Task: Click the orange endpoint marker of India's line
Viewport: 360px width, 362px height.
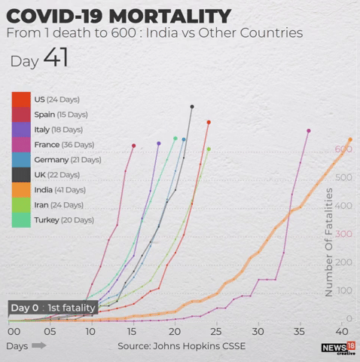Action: point(350,140)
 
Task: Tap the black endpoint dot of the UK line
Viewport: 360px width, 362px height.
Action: point(192,107)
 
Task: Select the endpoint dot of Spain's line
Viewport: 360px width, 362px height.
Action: point(134,146)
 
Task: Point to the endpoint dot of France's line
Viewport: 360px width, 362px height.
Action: point(309,130)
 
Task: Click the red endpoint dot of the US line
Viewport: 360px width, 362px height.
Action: point(209,122)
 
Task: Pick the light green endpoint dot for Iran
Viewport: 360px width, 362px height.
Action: point(209,149)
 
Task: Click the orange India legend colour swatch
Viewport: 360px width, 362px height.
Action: point(21,190)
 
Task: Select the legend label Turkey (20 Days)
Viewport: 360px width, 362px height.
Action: point(64,220)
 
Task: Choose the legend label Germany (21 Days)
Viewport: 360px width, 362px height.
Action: point(68,160)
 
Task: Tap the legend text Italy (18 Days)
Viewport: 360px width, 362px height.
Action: point(59,130)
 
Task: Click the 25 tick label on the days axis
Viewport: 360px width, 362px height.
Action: point(216,332)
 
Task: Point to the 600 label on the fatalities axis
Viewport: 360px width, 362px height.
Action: point(343,149)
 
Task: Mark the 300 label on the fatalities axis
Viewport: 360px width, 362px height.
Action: point(343,234)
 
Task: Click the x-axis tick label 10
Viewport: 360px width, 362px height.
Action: point(90,332)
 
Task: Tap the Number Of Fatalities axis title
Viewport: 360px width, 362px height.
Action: point(329,242)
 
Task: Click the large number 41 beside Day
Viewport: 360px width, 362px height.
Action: point(56,57)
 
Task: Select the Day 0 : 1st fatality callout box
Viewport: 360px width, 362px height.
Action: point(53,308)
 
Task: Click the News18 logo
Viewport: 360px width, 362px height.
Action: point(338,348)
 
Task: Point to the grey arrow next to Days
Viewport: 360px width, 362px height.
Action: point(39,345)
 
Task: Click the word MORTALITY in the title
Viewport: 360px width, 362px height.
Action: point(170,17)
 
